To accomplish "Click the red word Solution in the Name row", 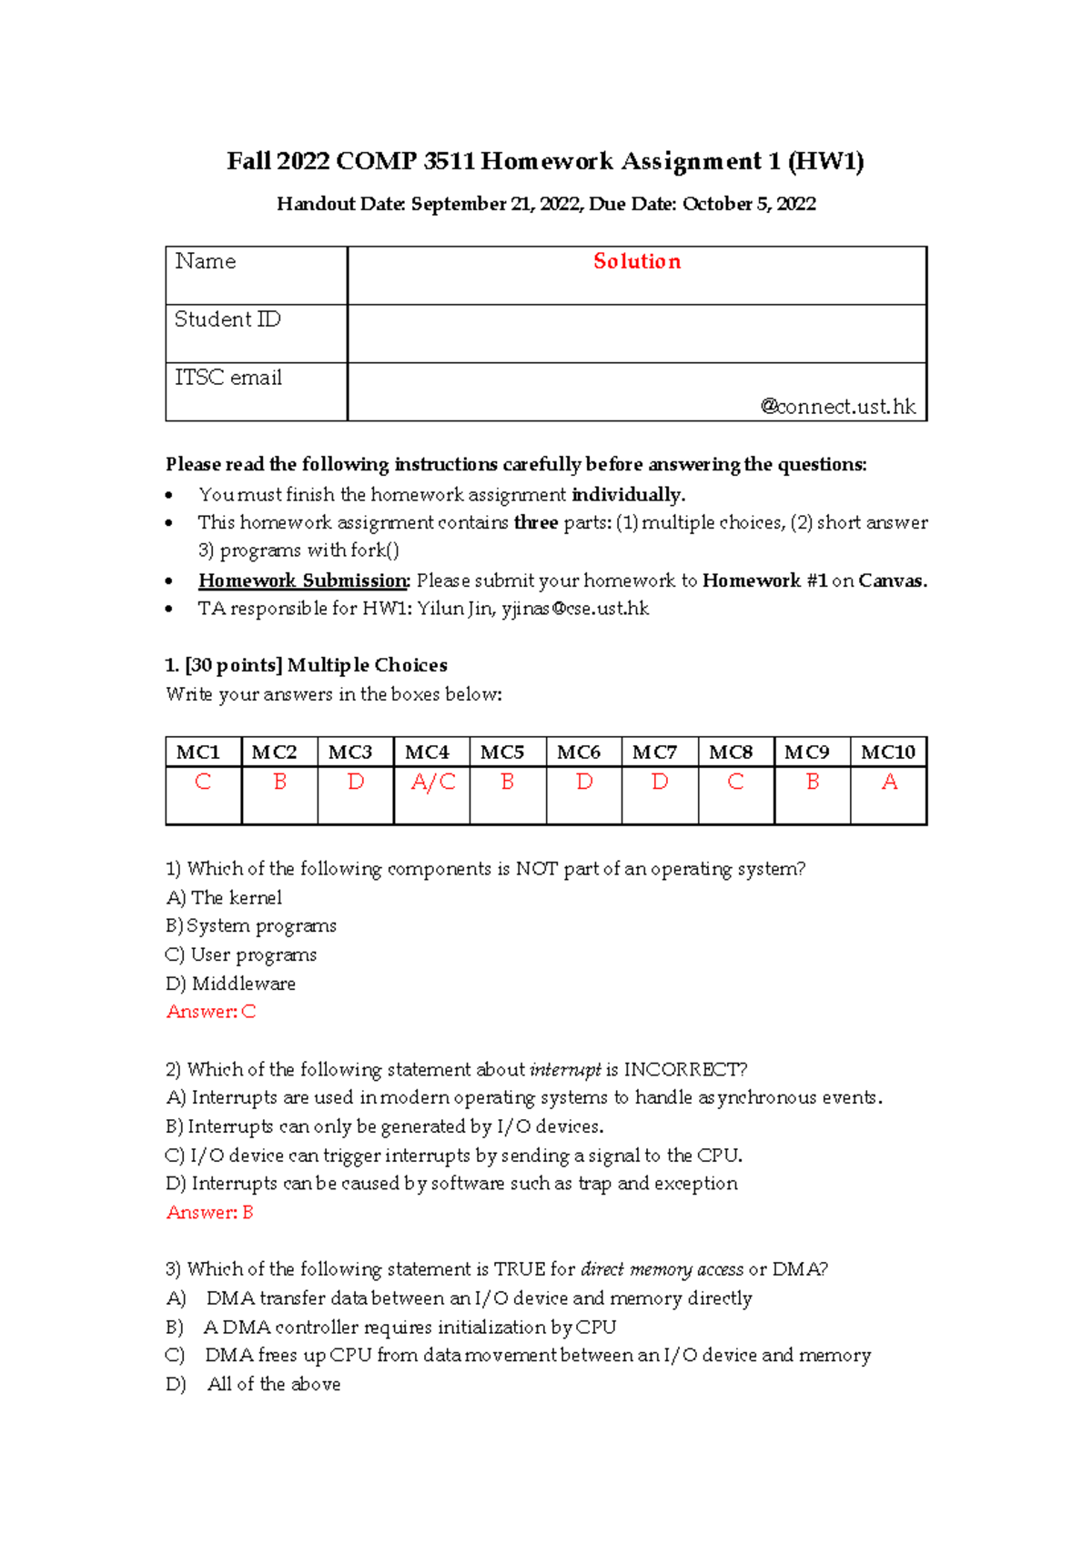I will coord(636,262).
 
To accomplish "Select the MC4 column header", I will coord(427,752).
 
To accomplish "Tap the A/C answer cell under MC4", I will coord(432,783).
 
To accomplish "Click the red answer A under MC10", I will coord(889,783).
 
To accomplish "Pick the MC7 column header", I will coord(654,752).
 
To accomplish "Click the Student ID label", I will coord(227,320).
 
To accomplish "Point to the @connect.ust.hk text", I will coord(837,407).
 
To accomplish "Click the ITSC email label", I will coord(228,378).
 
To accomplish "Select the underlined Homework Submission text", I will coord(304,581).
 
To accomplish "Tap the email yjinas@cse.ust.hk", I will coord(575,609).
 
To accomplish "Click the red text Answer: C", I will coord(211,1012).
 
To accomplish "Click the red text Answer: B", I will coord(210,1213).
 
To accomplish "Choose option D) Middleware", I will coord(231,984).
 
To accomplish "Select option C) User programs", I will coord(241,954).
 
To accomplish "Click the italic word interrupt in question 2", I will coord(565,1069).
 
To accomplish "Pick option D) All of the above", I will coord(254,1384).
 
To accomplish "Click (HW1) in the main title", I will coord(825,162).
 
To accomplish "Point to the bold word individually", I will coord(628,495).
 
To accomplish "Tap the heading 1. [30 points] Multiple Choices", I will coord(307,665).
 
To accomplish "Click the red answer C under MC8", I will coord(735,783).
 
